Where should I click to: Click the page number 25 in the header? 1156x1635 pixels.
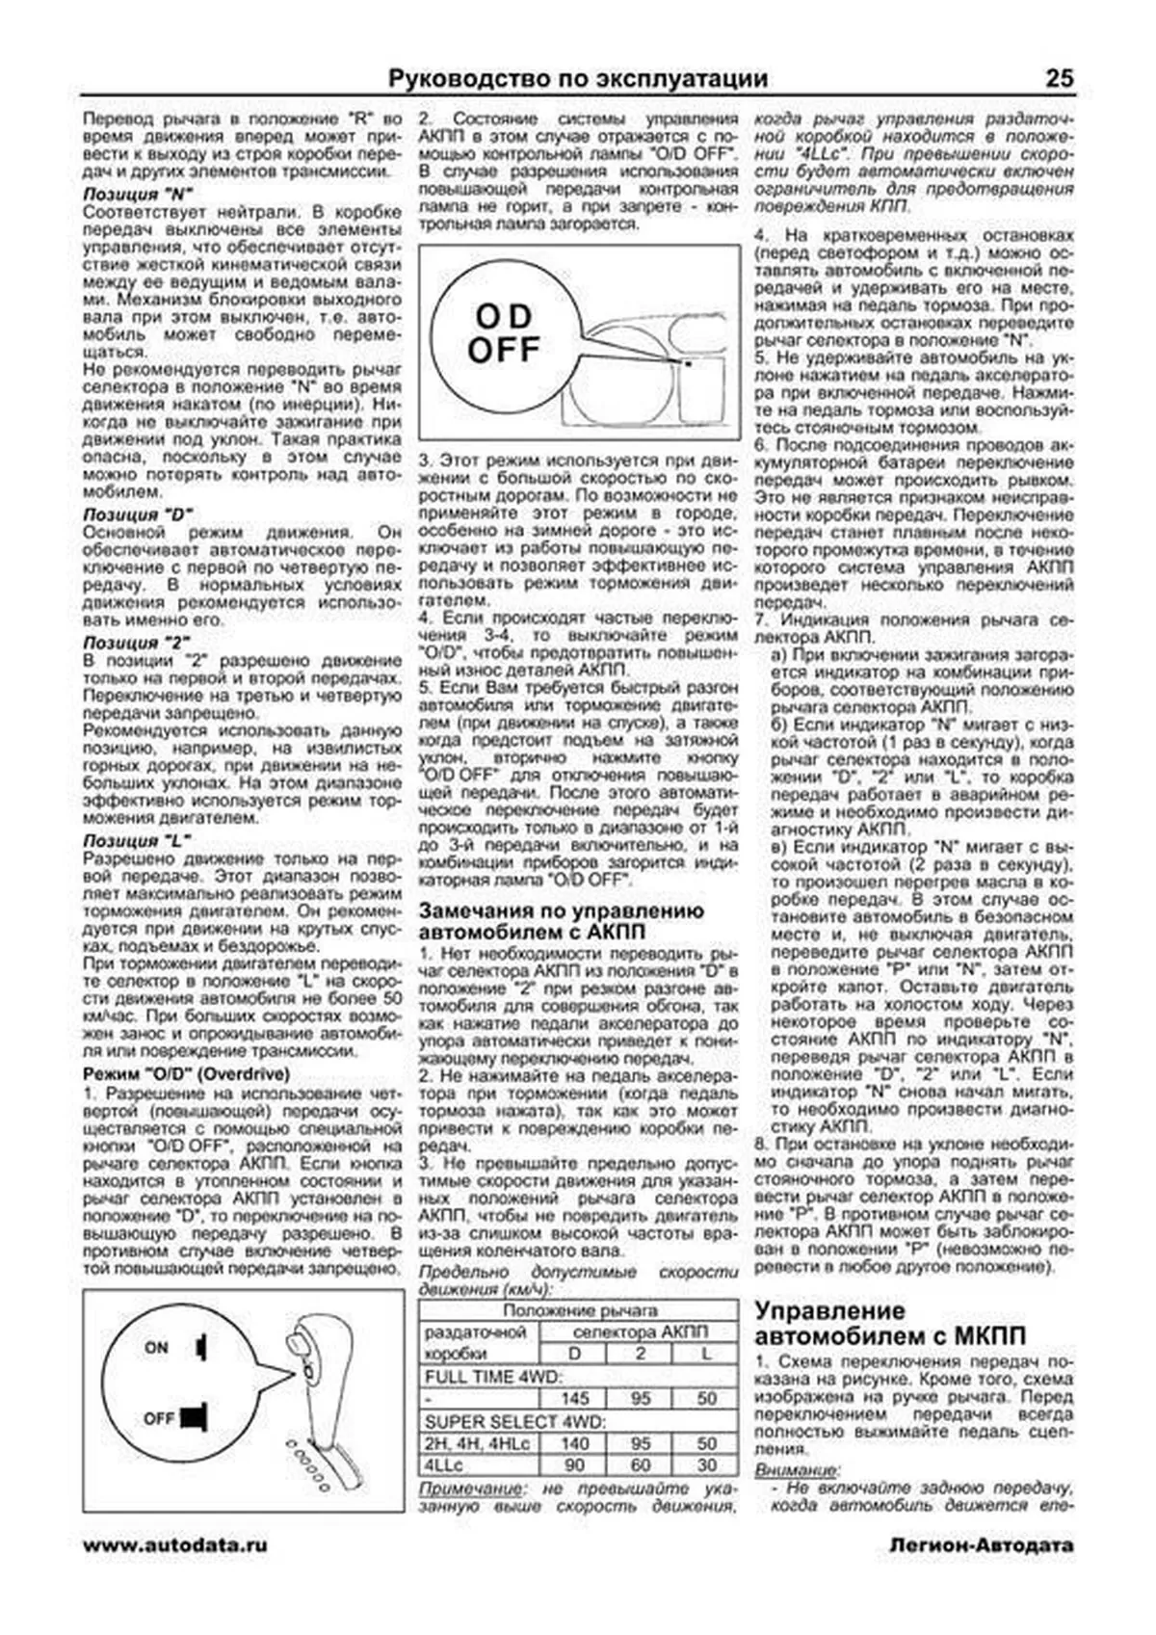(1059, 79)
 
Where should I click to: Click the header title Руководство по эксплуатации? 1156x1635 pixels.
(578, 79)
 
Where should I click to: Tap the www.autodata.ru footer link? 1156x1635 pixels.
(175, 1545)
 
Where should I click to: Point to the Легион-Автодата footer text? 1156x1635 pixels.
(981, 1545)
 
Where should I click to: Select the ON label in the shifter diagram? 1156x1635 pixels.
(156, 1348)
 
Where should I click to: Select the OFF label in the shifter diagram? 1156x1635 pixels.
(158, 1418)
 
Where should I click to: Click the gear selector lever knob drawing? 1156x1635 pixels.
(306, 1341)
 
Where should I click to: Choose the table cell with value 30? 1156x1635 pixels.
(706, 1465)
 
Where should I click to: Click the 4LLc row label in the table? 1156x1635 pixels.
(444, 1465)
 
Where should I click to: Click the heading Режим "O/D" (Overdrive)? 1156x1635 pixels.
(186, 1074)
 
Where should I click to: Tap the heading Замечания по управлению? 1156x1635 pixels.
(561, 911)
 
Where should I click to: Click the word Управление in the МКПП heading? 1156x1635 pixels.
(829, 1311)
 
